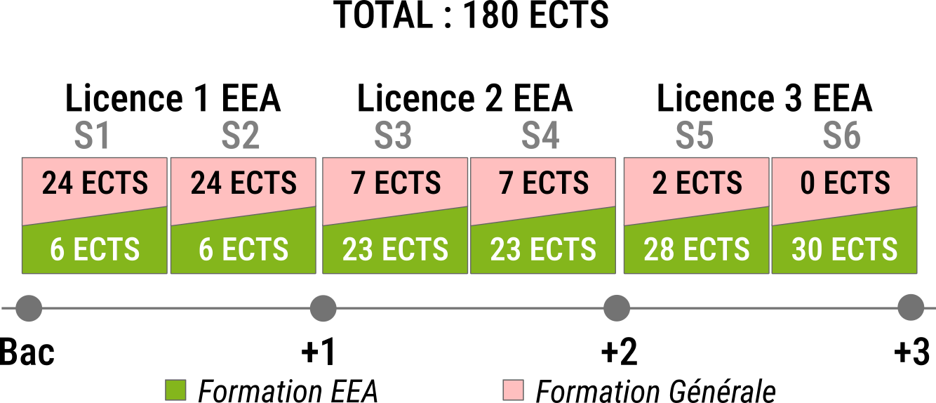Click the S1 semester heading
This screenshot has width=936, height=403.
coord(93,136)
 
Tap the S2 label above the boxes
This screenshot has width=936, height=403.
coord(241,136)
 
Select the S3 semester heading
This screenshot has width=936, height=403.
coord(393,136)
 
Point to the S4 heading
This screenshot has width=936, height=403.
coord(540,136)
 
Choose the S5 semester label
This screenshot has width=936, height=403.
coord(695,136)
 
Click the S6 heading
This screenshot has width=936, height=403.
coord(842,136)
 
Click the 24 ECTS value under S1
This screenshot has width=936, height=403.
coord(95,183)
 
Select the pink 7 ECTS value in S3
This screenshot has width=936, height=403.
coord(396,183)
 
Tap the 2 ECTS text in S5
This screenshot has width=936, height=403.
coord(697,183)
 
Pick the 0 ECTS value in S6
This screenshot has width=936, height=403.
coord(845,183)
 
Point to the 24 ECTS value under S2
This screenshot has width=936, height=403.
coord(243,183)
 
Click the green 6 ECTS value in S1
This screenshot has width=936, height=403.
coord(95,250)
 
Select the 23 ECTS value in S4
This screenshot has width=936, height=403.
coord(543,250)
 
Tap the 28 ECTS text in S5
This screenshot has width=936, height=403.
coord(697,250)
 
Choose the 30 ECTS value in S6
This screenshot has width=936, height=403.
coord(845,250)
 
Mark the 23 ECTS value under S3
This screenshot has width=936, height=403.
coord(395,250)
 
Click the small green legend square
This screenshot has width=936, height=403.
coord(175,390)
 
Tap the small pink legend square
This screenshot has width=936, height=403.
coord(513,390)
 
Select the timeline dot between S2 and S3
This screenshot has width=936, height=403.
coord(323,308)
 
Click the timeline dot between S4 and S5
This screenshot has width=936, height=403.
coord(617,308)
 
